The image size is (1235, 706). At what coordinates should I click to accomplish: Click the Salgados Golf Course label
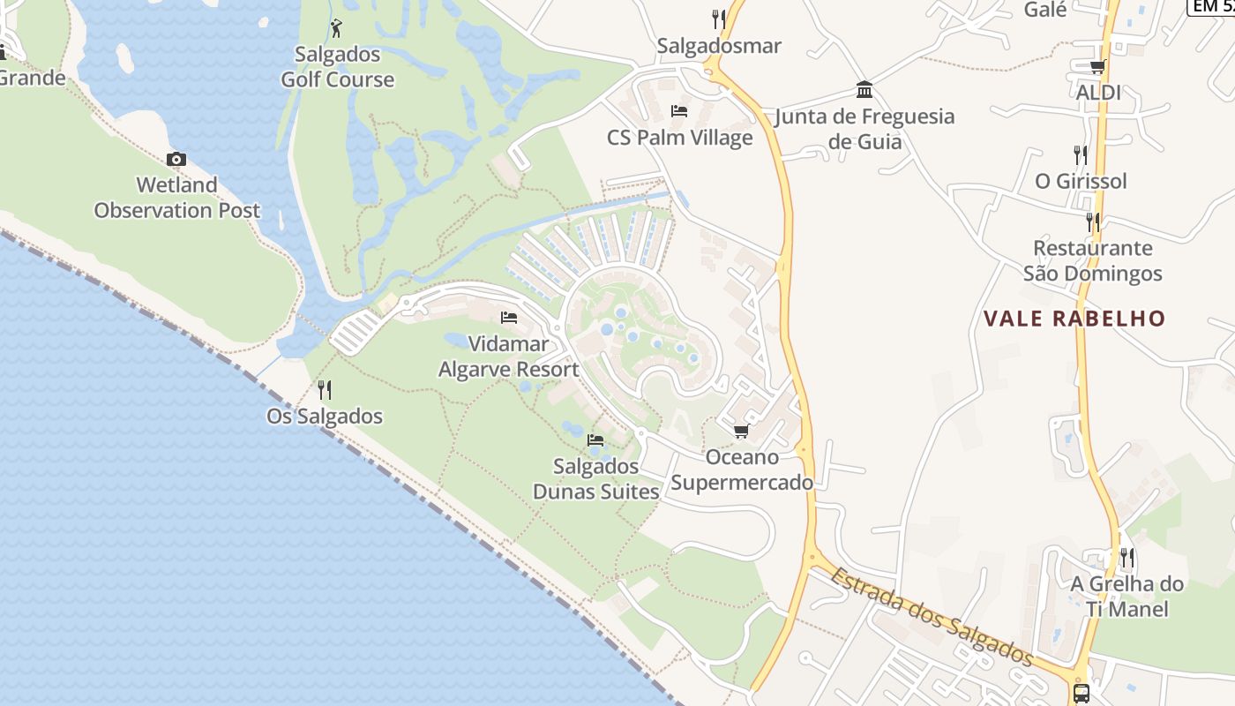pyautogui.click(x=337, y=67)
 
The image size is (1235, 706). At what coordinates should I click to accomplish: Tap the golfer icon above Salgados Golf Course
pyautogui.click(x=335, y=28)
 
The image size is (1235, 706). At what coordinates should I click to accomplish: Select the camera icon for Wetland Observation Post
pyautogui.click(x=176, y=159)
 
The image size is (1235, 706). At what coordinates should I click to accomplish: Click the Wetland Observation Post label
pyautogui.click(x=176, y=198)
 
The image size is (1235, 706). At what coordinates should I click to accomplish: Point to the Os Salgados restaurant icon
pyautogui.click(x=325, y=389)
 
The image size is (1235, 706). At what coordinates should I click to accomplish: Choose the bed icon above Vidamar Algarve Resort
pyautogui.click(x=509, y=318)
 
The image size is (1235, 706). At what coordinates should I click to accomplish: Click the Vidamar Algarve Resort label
pyautogui.click(x=509, y=357)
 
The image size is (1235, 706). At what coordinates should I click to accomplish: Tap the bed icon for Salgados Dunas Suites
pyautogui.click(x=595, y=439)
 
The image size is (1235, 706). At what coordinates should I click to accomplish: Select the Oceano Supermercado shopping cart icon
pyautogui.click(x=741, y=431)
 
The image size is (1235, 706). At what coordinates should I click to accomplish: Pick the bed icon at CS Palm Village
pyautogui.click(x=679, y=111)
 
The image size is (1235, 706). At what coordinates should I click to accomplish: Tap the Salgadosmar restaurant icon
pyautogui.click(x=719, y=19)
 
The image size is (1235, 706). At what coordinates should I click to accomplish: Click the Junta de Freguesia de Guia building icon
pyautogui.click(x=864, y=90)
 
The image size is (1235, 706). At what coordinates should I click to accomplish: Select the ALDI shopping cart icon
pyautogui.click(x=1098, y=66)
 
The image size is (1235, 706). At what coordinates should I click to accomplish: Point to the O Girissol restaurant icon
pyautogui.click(x=1081, y=154)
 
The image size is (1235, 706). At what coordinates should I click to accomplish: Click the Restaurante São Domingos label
pyautogui.click(x=1093, y=260)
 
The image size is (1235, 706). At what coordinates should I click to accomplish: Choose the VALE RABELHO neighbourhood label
pyautogui.click(x=1074, y=319)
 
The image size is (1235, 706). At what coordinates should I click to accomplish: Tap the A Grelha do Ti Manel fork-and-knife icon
pyautogui.click(x=1127, y=557)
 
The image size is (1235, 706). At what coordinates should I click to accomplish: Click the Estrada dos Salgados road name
pyautogui.click(x=932, y=616)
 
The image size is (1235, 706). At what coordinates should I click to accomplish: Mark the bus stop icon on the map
pyautogui.click(x=1082, y=693)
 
